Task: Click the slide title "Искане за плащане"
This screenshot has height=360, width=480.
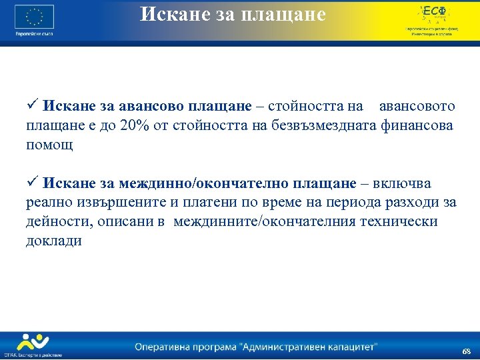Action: (x=233, y=14)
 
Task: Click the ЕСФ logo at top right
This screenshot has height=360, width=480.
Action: (x=431, y=15)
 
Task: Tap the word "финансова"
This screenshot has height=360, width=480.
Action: (x=417, y=125)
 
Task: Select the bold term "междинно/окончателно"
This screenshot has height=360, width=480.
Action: (x=188, y=183)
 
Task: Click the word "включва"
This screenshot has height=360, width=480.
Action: (x=403, y=183)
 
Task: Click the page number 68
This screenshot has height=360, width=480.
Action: (x=466, y=351)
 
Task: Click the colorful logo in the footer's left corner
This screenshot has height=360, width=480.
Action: (x=32, y=343)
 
